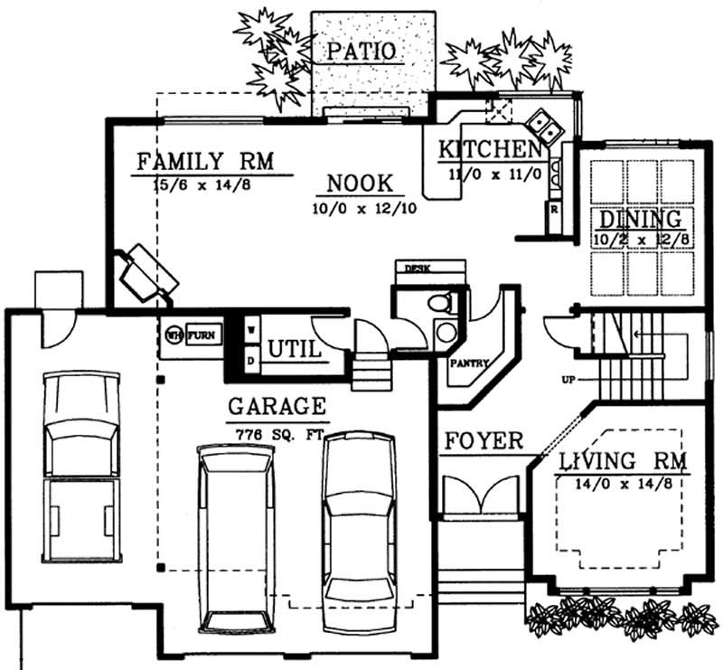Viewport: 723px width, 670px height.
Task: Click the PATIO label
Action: (x=361, y=51)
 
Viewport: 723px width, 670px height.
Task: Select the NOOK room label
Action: (x=360, y=184)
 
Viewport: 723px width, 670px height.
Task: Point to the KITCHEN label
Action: (x=489, y=150)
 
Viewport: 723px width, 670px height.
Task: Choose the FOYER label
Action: (x=484, y=441)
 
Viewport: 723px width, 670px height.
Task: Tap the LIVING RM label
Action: (x=622, y=461)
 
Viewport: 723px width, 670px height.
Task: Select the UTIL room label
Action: (x=295, y=348)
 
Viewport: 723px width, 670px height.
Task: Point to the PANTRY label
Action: (x=469, y=363)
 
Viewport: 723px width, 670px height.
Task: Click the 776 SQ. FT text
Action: (x=278, y=434)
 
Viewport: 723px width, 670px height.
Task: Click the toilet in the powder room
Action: (x=440, y=304)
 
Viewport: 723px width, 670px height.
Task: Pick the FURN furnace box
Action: (x=202, y=335)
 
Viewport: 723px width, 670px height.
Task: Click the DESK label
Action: (x=417, y=269)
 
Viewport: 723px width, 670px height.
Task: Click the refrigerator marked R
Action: (x=554, y=209)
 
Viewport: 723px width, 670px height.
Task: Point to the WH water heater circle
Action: (x=174, y=335)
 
